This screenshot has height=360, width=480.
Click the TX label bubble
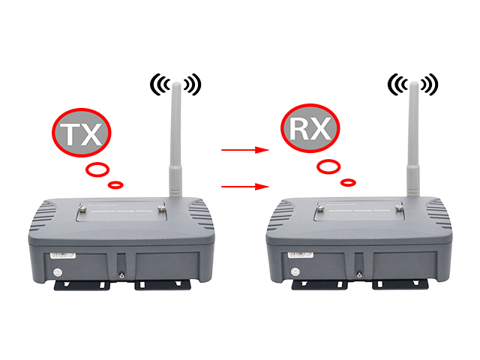[x=81, y=133]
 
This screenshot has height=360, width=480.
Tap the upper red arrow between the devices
[x=245, y=150]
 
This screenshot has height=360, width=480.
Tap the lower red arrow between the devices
[x=245, y=184]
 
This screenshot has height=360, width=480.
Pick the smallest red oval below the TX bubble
[x=115, y=184]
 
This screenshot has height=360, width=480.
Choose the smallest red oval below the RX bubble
[x=347, y=181]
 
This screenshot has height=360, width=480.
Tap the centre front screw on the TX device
[x=121, y=274]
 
